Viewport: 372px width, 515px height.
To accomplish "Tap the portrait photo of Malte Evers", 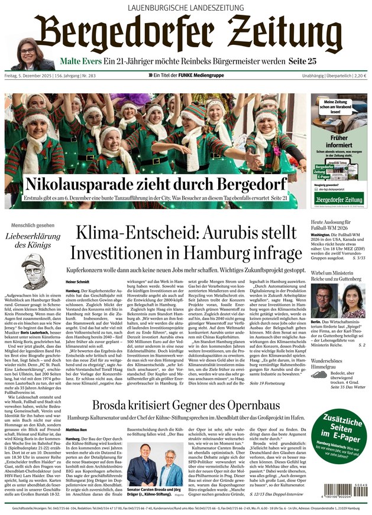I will [30, 57].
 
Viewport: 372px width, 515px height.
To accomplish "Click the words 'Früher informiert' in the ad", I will [339, 141].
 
